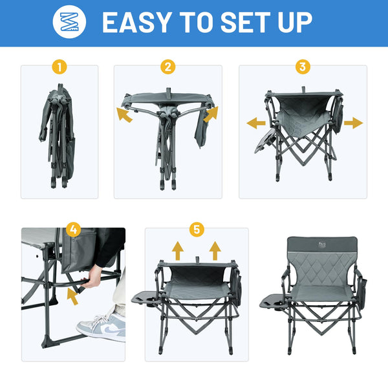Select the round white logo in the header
[69, 22]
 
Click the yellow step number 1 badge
[59, 67]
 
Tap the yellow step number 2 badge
[167, 67]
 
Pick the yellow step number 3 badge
[303, 67]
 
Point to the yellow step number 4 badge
[74, 230]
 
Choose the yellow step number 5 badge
[197, 230]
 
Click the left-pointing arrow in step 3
[256, 123]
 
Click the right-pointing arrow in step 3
[354, 123]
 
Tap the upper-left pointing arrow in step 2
[124, 115]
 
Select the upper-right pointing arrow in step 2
[211, 114]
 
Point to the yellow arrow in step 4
[72, 297]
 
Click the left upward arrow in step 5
[178, 251]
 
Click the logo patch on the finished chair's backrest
[322, 244]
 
